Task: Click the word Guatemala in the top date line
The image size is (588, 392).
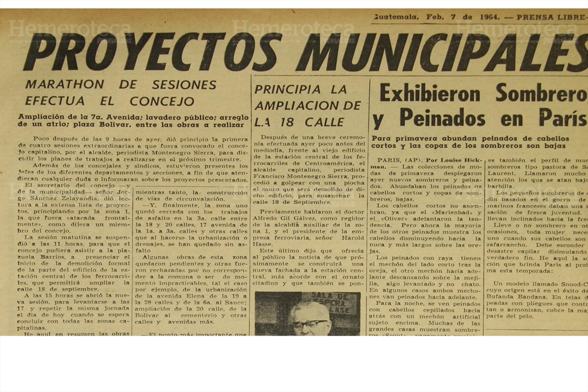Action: click(396, 17)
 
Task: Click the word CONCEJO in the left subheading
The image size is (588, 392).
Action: click(162, 101)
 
